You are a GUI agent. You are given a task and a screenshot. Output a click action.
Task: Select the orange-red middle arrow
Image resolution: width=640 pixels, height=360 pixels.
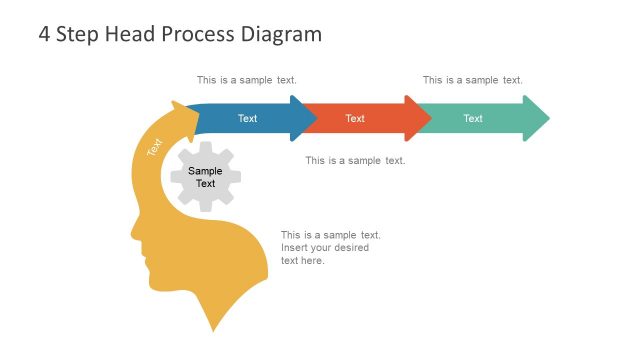[356, 118]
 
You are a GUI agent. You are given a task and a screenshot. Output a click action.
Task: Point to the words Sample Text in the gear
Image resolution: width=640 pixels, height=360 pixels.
[206, 177]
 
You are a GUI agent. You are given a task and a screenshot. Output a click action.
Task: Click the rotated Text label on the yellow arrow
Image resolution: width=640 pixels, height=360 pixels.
[154, 146]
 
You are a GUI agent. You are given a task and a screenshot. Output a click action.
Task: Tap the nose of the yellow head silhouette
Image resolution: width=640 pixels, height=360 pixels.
[134, 236]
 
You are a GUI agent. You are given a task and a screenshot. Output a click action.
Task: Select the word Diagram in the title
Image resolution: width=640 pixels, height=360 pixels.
[282, 34]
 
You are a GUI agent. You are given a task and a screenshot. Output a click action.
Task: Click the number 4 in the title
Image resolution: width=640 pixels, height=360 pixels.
[44, 34]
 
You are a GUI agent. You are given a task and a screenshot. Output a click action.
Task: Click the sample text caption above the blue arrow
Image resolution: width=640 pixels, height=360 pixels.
[247, 80]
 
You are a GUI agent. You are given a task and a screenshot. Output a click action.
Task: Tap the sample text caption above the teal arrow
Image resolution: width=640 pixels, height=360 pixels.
[472, 80]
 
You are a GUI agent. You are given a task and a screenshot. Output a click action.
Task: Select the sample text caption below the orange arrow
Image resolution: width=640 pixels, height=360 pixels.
[355, 160]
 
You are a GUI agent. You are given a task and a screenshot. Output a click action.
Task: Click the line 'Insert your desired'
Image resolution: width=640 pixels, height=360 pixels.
[325, 248]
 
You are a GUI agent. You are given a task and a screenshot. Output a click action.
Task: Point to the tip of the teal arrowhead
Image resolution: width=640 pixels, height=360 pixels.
[548, 118]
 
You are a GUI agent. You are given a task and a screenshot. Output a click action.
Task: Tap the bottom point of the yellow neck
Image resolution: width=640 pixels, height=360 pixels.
[214, 329]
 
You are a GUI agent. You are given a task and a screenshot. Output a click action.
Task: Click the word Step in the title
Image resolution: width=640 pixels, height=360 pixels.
[79, 34]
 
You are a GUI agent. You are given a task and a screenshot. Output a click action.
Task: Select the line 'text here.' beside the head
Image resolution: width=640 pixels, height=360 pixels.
[303, 261]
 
